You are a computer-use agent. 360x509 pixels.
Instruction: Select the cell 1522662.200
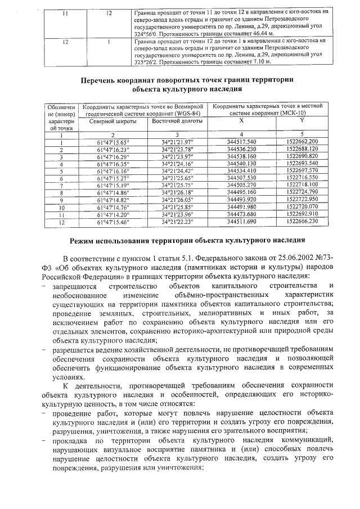pyautogui.click(x=301, y=141)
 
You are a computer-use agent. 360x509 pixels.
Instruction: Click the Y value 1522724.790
pyautogui.click(x=301, y=192)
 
